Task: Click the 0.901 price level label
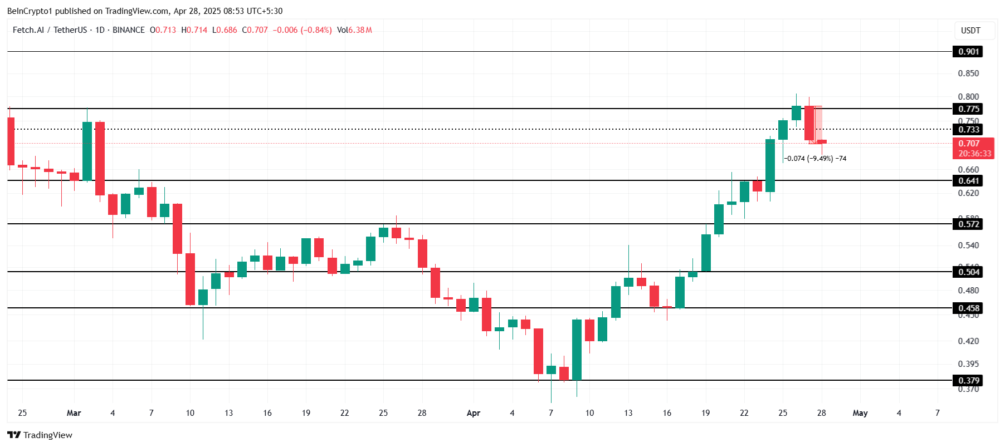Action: pos(968,52)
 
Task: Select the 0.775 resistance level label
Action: pos(968,109)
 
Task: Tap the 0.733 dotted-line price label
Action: pos(968,130)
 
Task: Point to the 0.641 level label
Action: pos(968,181)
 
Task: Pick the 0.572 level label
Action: pos(968,224)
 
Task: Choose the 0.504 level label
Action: pos(968,272)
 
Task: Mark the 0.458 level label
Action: pos(968,308)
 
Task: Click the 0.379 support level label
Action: pos(968,381)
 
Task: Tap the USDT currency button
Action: pos(970,31)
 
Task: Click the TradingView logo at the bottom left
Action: pos(40,435)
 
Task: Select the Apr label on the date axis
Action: pos(473,413)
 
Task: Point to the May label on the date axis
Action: pos(860,413)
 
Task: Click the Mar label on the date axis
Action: pos(74,413)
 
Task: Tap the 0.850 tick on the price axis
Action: pos(968,73)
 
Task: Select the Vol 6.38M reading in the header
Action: pos(354,30)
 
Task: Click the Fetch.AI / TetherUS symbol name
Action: pos(50,30)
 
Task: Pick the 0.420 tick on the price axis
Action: pos(968,341)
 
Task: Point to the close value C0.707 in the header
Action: pos(255,30)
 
